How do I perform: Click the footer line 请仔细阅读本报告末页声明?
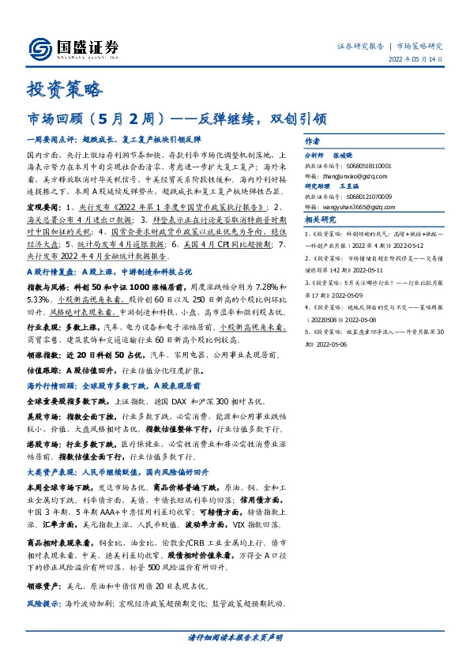[235, 637]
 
